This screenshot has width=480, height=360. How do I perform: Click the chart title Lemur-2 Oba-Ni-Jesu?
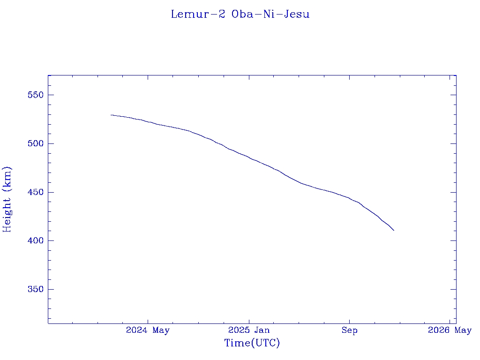pyautogui.click(x=240, y=14)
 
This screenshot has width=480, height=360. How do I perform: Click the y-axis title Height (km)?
pyautogui.click(x=7, y=199)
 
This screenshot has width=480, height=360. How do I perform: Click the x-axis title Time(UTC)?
pyautogui.click(x=252, y=343)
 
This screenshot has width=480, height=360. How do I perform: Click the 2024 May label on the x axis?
pyautogui.click(x=148, y=330)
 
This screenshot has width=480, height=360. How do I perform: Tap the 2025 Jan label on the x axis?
pyautogui.click(x=249, y=330)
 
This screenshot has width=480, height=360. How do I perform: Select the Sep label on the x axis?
pyautogui.click(x=349, y=330)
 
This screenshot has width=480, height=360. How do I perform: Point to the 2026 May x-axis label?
pyautogui.click(x=450, y=330)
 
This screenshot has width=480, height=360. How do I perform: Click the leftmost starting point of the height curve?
pyautogui.click(x=111, y=115)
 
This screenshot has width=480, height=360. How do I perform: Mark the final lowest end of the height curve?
pyautogui.click(x=394, y=230)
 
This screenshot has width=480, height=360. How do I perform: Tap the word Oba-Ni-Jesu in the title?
pyautogui.click(x=270, y=14)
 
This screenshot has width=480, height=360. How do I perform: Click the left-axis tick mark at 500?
pyautogui.click(x=51, y=143)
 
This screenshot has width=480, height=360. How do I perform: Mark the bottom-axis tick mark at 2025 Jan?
pyautogui.click(x=249, y=321)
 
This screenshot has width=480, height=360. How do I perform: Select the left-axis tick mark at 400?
pyautogui.click(x=51, y=241)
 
